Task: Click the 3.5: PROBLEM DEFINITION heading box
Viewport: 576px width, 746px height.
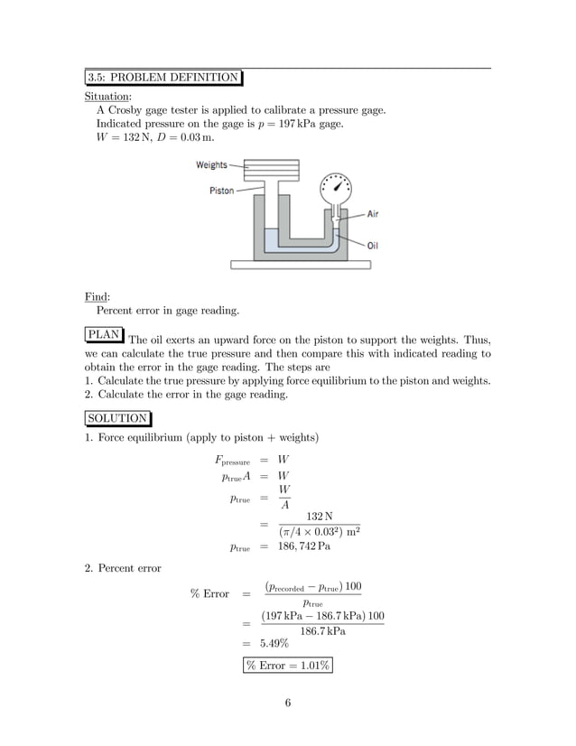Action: click(163, 77)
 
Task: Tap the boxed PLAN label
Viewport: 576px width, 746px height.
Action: click(103, 334)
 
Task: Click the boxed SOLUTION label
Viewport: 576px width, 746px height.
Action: click(117, 418)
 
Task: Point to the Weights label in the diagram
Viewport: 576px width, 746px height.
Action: click(212, 165)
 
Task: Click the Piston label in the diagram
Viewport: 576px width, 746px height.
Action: click(222, 191)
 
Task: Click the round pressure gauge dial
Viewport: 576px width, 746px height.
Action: click(336, 191)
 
